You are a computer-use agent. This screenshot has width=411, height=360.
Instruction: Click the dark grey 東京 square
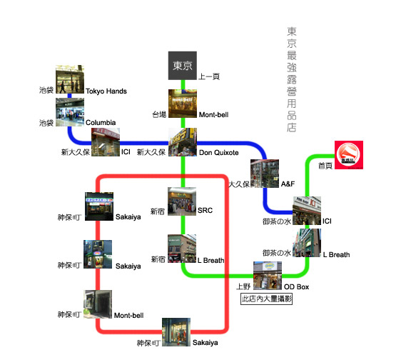[x=183, y=66]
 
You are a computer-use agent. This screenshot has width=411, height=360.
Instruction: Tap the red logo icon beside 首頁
[x=349, y=155]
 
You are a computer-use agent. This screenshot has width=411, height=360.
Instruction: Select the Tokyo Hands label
[x=106, y=91]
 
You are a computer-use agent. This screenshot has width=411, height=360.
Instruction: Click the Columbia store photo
[x=70, y=112]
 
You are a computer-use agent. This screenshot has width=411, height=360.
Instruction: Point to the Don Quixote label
[x=219, y=153]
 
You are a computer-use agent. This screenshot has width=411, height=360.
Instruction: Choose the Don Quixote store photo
[x=183, y=142]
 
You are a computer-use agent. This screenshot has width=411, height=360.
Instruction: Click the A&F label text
[x=288, y=184]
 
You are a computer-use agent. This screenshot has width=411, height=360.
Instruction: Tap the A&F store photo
[x=265, y=174]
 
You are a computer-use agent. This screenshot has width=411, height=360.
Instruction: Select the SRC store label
[x=205, y=211]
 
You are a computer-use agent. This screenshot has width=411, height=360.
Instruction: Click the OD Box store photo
[x=268, y=276]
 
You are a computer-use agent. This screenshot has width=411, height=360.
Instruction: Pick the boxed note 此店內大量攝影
[x=267, y=299]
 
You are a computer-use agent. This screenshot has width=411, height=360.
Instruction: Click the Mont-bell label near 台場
[x=213, y=115]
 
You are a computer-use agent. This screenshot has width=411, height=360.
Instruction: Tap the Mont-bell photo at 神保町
[x=98, y=304]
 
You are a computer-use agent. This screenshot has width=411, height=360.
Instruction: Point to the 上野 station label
[x=243, y=286]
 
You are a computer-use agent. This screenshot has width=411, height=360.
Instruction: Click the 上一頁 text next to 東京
[x=209, y=76]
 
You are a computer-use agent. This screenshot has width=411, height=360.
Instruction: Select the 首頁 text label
[x=325, y=166]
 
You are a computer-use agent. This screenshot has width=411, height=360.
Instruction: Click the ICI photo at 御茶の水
[x=307, y=211]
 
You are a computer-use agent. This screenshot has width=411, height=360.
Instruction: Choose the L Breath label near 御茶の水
[x=336, y=255]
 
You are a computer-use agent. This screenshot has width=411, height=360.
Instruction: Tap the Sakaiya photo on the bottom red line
[x=176, y=332]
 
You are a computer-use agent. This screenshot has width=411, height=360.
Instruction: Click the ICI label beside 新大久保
[x=126, y=152]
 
